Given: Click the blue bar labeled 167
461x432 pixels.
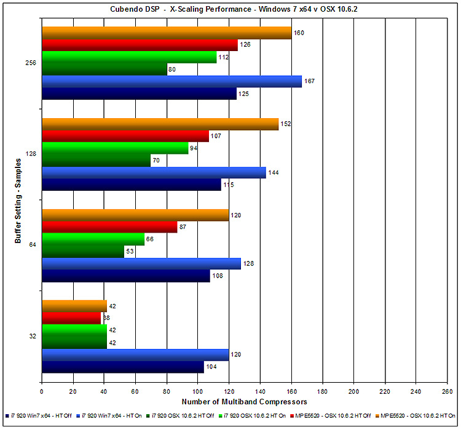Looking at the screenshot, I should (171, 82).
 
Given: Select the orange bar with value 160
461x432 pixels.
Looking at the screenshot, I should (166, 33).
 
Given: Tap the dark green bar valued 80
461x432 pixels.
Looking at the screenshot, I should (104, 70).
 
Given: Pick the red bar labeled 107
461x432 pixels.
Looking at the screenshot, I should (125, 136).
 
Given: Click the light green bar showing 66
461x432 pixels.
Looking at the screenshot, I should (93, 239).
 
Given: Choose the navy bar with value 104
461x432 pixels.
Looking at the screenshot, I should (123, 367).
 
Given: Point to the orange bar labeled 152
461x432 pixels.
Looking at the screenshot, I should (160, 124).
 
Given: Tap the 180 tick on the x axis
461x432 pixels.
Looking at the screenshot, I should (322, 391).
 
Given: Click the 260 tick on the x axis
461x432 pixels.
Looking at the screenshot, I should (447, 391).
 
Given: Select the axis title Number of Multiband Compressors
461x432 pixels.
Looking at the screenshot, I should (243, 402).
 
